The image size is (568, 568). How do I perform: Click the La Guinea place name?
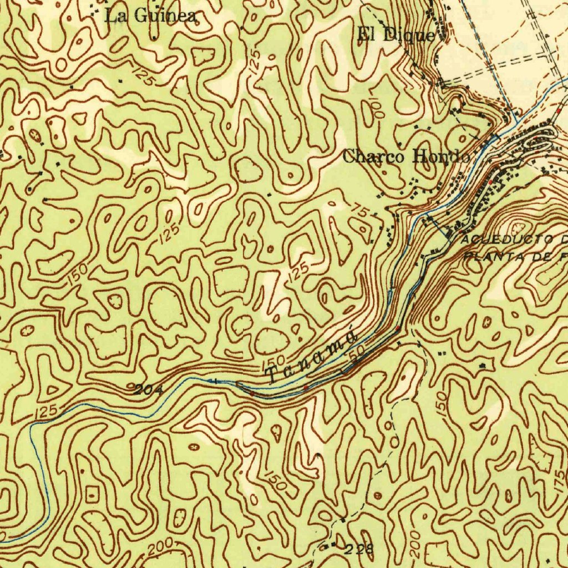point(151,16)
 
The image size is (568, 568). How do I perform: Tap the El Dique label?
point(396,35)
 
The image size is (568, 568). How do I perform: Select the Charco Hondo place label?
point(406,156)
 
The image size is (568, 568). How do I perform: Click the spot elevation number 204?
point(149,390)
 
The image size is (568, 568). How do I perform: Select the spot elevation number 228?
point(359,550)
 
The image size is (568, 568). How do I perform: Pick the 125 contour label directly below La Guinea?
point(143,75)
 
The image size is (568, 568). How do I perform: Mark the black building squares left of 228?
point(329,546)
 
